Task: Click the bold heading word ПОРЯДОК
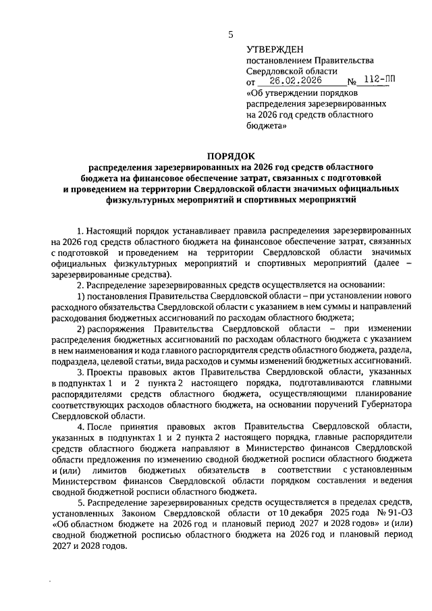(x=230, y=155)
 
